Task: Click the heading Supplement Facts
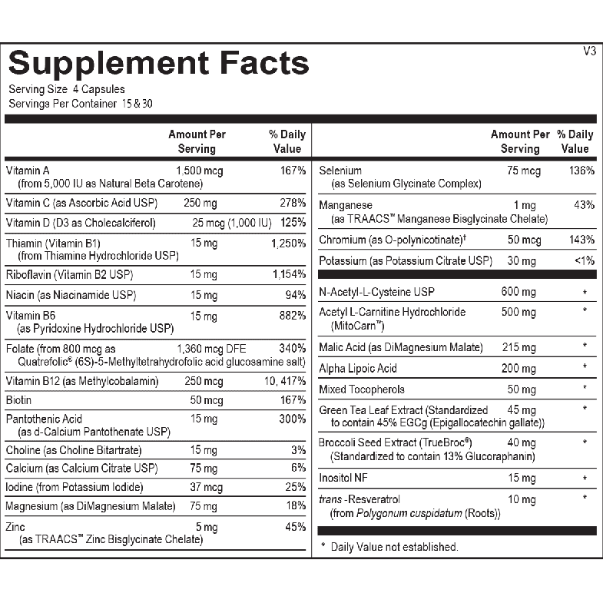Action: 159,62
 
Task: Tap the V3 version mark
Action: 589,51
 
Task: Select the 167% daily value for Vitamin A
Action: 293,171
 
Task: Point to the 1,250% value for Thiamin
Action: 289,244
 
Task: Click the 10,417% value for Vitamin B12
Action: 286,381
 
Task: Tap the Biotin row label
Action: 18,400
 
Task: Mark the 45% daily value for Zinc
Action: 295,527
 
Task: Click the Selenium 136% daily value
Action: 581,171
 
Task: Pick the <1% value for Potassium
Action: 584,260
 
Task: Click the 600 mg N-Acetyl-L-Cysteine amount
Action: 519,292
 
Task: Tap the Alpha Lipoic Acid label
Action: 358,369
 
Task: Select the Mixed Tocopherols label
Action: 361,389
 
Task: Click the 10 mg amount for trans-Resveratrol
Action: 522,499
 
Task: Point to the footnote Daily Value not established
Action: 394,547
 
